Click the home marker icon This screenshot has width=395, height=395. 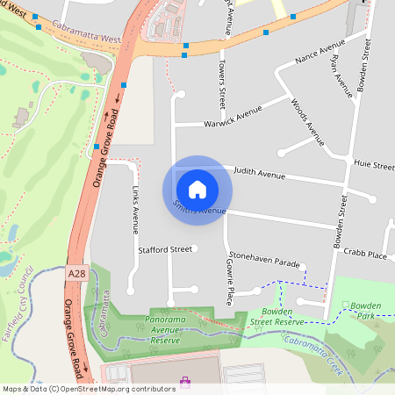197,189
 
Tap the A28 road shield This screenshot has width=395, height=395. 76,275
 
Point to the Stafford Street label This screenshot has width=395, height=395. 164,250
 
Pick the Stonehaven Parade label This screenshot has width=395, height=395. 263,260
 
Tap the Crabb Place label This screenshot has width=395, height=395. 367,255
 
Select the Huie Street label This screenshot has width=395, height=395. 374,163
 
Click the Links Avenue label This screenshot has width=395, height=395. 134,211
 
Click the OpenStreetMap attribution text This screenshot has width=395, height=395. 88,388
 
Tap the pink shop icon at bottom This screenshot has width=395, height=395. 185,382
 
